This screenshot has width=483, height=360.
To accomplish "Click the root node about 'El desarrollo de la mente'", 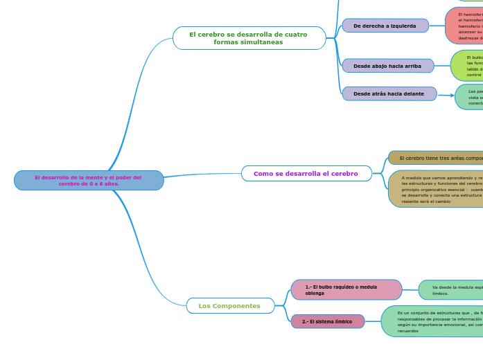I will pyautogui.click(x=89, y=181).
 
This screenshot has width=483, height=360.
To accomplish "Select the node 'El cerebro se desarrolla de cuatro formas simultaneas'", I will pyautogui.click(x=249, y=38).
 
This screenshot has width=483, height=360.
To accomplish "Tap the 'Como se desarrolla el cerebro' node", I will pyautogui.click(x=306, y=174).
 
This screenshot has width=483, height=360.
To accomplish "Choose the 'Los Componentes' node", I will pyautogui.click(x=230, y=306).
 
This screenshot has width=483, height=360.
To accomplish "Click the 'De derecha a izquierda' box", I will pyautogui.click(x=385, y=26).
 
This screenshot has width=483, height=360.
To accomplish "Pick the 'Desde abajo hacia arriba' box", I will pyautogui.click(x=387, y=66).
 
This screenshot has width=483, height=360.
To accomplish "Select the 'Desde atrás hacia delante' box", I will pyautogui.click(x=389, y=93).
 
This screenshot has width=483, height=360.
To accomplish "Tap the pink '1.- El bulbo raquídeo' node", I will pyautogui.click(x=346, y=290).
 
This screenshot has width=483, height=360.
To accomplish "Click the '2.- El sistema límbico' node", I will pyautogui.click(x=328, y=322).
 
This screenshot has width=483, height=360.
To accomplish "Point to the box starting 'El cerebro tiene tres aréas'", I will pyautogui.click(x=437, y=158).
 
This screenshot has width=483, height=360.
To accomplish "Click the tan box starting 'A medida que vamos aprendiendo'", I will pyautogui.click(x=437, y=189).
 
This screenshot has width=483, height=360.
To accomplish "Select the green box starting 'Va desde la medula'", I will pyautogui.click(x=450, y=290).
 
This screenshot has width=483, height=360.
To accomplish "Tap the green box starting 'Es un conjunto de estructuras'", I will pyautogui.click(x=433, y=321).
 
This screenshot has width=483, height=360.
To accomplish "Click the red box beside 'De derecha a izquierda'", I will pyautogui.click(x=465, y=26).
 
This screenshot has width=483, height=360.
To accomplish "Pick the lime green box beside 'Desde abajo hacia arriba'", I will pyautogui.click(x=468, y=66).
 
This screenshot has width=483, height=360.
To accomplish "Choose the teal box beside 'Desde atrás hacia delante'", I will pyautogui.click(x=470, y=97).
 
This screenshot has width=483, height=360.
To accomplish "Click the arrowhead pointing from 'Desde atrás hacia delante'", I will pyautogui.click(x=452, y=96).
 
